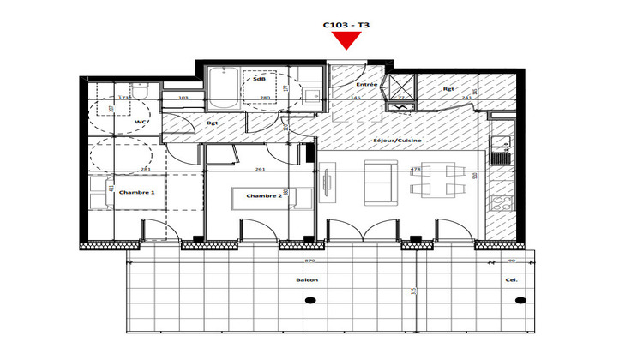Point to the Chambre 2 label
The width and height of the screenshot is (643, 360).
264,196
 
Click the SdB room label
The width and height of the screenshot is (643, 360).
258,79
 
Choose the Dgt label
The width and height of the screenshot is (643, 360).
213,123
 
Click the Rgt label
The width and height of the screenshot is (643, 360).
448,87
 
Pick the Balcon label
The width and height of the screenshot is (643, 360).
305,279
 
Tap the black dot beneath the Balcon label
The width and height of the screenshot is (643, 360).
310,299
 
